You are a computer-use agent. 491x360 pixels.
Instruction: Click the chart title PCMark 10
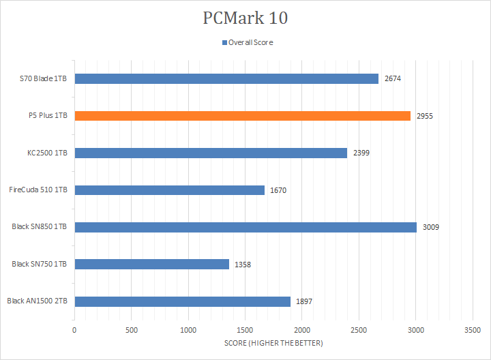[x=245, y=18]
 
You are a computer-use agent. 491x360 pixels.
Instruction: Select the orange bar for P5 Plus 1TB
[x=242, y=116]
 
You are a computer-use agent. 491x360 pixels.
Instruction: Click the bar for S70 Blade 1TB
[x=226, y=79]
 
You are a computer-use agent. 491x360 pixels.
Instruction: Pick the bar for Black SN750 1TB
[x=151, y=264]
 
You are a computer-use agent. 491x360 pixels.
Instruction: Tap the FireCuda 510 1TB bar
[x=169, y=190]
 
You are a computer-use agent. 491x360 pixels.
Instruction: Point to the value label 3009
[x=431, y=227]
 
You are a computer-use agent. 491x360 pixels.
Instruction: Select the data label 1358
[x=243, y=264]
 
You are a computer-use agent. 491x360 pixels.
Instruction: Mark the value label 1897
[x=304, y=301]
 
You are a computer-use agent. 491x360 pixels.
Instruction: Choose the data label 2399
[x=361, y=153]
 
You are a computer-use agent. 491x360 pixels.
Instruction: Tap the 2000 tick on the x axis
[x=302, y=330]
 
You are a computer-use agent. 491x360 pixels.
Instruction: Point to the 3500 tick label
[x=473, y=330]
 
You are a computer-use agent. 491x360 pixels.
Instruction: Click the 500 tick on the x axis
[x=132, y=330]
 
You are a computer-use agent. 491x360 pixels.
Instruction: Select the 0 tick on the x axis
[x=74, y=330]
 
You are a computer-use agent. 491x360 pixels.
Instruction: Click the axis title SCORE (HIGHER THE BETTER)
[x=273, y=343]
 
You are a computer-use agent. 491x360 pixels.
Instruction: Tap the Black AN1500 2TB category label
[x=37, y=301]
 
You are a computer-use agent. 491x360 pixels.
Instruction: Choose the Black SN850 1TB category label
[x=40, y=227]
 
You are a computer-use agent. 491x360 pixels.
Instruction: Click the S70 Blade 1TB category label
[x=44, y=79]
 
